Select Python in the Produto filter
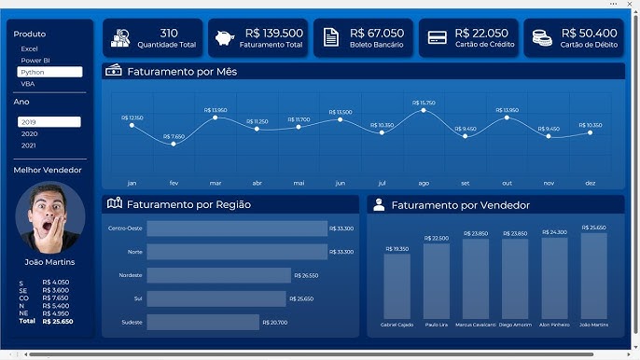coord(49,72)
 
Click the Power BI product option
coord(35,60)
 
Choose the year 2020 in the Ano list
coord(29,133)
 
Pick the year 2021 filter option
coord(29,145)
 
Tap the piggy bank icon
coord(225,38)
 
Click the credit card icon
coord(437,38)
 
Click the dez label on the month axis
coord(590,184)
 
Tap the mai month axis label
coord(299,184)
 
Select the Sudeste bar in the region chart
coord(202,322)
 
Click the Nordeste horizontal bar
coord(219,275)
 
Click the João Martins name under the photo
coord(49,262)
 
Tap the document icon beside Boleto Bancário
coord(330,38)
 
